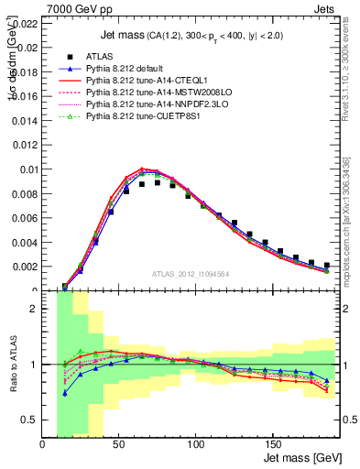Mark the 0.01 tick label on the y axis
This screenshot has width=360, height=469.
[x=27, y=169]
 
